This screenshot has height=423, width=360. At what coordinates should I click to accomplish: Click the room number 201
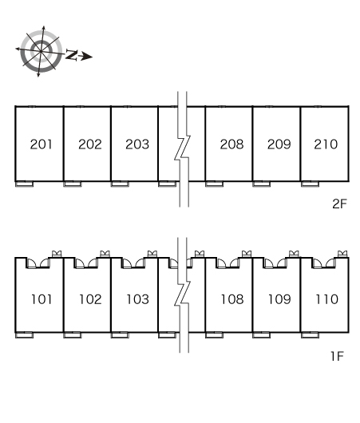tap(41, 144)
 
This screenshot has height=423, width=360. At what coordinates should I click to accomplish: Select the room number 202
tap(90, 144)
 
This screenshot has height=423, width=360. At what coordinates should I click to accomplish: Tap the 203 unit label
tap(137, 144)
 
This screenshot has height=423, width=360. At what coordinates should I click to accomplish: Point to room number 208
tap(231, 144)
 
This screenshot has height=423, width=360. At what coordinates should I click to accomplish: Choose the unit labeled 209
tap(279, 144)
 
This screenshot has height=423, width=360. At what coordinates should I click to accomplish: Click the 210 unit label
tap(326, 144)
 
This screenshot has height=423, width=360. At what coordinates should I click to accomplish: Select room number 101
tap(42, 299)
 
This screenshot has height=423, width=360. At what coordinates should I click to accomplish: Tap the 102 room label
tap(90, 299)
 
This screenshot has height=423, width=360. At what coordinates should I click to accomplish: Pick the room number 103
tap(137, 299)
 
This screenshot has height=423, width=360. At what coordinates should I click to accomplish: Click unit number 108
tap(232, 299)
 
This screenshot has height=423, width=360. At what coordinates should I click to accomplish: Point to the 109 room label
tap(279, 299)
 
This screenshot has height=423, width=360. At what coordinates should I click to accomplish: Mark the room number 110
tap(326, 299)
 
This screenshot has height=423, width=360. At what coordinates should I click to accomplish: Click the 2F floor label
tap(339, 204)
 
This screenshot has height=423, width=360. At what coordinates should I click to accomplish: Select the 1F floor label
tap(338, 356)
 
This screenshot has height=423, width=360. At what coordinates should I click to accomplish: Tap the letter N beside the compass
tap(72, 55)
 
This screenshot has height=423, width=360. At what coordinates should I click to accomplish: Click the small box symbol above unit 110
tap(342, 254)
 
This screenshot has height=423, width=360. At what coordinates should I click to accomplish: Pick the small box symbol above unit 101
tap(57, 254)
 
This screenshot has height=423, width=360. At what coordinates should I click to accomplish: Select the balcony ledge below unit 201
tap(24, 184)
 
